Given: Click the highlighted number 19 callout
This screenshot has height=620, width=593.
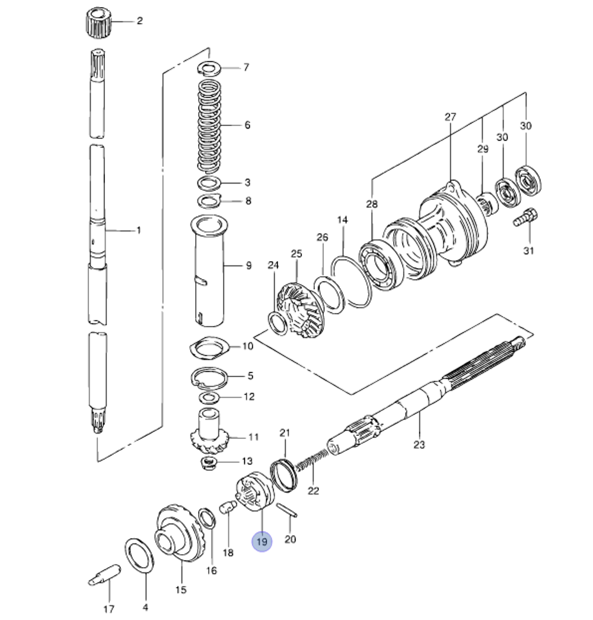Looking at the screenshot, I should (262, 542).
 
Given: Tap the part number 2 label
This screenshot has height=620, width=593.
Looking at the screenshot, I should (139, 21).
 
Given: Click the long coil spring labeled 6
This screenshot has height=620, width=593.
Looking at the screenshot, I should (209, 126).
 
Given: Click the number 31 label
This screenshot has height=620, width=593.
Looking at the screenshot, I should (528, 250).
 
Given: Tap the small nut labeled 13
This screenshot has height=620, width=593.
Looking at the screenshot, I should (209, 463).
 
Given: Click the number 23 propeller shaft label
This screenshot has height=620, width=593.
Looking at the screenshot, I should (420, 444).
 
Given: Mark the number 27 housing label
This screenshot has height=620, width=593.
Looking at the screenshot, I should (450, 117).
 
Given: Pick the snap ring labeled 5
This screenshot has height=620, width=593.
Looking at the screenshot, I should (210, 378).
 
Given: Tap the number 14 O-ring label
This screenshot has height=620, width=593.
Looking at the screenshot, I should (343, 220).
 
